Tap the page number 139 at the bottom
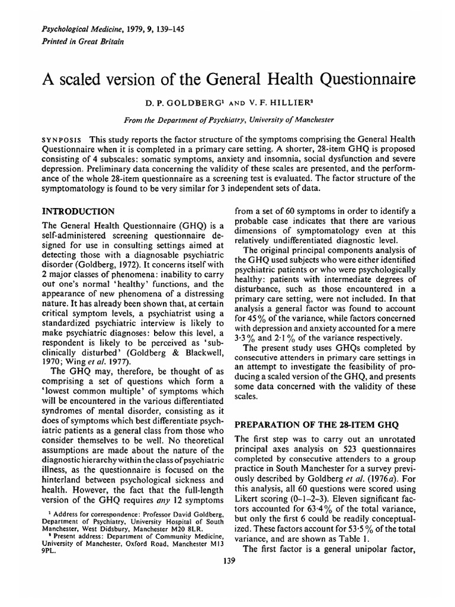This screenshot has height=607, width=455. click(227, 562)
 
